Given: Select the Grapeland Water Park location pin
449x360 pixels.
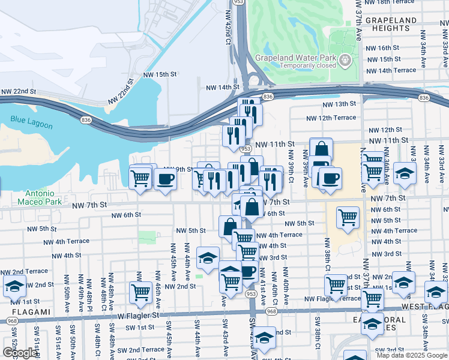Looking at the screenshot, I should point(345,59).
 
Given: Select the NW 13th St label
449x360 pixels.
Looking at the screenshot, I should point(339,104).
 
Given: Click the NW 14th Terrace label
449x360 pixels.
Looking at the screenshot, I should point(391,70).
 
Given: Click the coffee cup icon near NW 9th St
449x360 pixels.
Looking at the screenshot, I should point(165,178).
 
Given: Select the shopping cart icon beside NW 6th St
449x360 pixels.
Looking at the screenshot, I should point(348,217).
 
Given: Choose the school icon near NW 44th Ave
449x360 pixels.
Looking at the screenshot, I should point(208,257).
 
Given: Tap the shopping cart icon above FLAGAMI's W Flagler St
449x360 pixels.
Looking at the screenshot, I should point(140,292).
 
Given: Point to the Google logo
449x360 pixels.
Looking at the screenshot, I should point(20,352).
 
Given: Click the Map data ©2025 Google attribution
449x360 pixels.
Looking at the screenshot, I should point(411,355).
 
